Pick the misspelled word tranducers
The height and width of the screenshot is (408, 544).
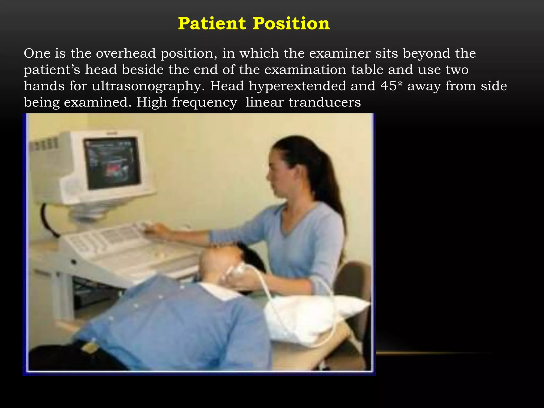point(325,102)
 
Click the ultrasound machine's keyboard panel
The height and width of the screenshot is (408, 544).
point(112,239)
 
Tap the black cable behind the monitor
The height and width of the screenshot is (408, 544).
point(48,220)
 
